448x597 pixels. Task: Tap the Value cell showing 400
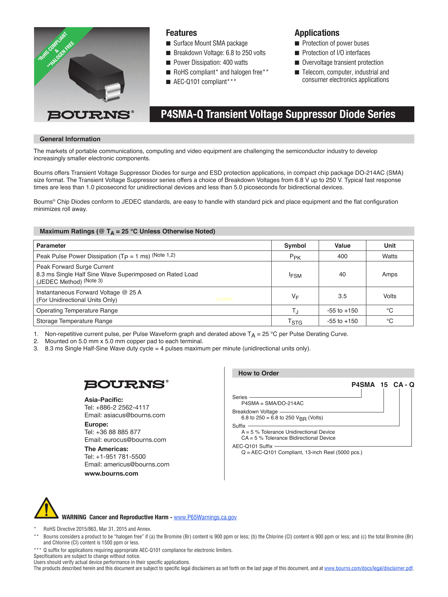[x=342, y=256]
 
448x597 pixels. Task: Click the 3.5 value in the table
[x=342, y=296]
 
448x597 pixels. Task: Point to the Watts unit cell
[x=389, y=256]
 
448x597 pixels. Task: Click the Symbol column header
[x=295, y=246]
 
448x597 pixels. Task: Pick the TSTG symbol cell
[x=295, y=321]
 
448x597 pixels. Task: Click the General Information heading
[x=70, y=139]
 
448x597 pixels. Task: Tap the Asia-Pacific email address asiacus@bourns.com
[x=134, y=415]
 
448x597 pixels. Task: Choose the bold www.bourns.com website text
[x=111, y=473]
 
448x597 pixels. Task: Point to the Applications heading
[x=317, y=33]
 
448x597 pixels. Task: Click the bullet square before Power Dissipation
[x=168, y=63]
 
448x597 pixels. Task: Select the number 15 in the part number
[x=384, y=385]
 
